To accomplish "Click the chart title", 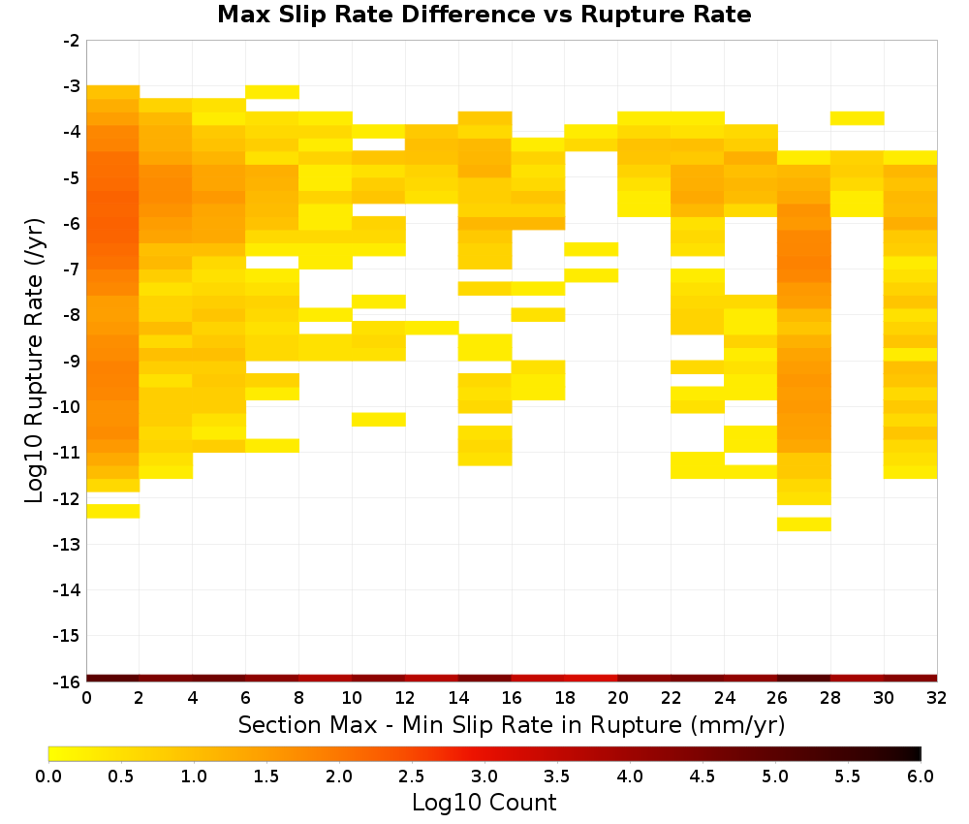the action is pos(484,15).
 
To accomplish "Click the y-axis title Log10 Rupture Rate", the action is pos(35,361).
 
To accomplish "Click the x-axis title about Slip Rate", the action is pos(512,725).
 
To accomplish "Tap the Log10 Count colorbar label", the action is pos(484,803).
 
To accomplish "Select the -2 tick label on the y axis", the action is pos(72,41).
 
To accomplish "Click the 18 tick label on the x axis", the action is pos(565,698).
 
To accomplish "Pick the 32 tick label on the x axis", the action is pos(937,698).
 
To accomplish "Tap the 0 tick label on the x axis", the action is pos(86,698).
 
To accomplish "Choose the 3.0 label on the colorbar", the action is pos(484,776).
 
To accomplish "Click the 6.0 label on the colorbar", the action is pos(921,776).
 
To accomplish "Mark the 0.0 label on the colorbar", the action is pos(48,776).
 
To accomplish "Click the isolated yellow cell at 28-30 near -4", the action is pos(858,118).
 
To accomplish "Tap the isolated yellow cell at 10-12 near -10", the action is pos(379,420).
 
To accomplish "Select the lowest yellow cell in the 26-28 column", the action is pos(804,524).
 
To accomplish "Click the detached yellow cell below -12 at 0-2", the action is pos(113,511).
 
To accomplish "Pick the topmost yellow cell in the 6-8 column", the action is pos(272,92).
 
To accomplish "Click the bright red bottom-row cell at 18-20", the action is pos(591,679).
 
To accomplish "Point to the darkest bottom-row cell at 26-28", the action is pos(804,679).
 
